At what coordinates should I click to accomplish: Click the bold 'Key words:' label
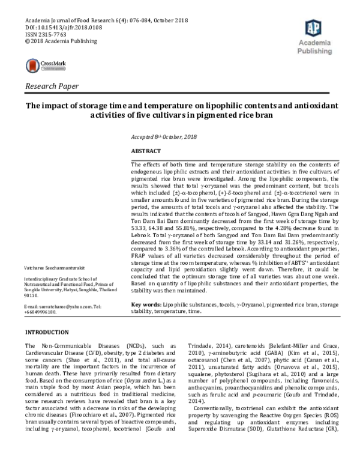145,305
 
